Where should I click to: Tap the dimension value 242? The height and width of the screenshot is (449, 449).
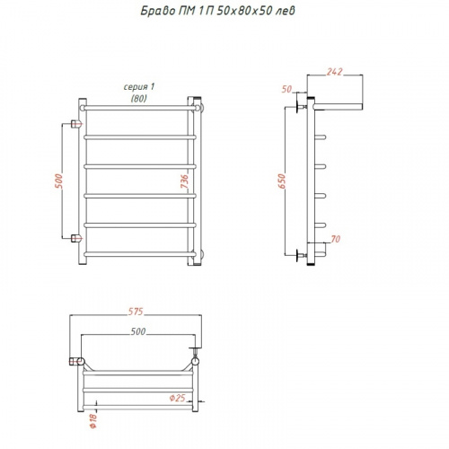coord(334,72)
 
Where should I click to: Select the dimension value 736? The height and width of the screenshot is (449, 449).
coord(185,181)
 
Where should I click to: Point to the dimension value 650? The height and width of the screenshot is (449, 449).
coord(282,181)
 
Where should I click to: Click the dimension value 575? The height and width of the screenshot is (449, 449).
coord(136,312)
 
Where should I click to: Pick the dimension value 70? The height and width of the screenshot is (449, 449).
coord(336,239)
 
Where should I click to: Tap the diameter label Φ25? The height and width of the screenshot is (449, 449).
coord(177,398)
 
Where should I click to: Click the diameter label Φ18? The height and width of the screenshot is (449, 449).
coord(93,420)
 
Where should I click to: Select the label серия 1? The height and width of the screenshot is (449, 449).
coord(139,87)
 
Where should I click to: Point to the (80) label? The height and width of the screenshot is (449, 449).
coord(139,99)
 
